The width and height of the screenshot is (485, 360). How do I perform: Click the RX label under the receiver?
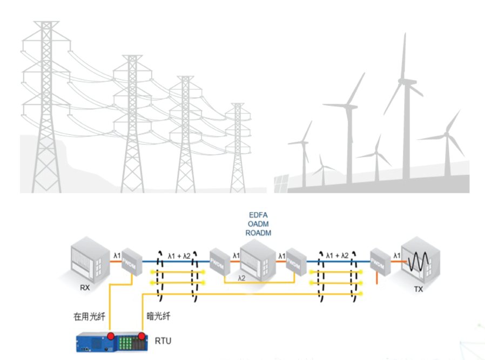click(x=85, y=288)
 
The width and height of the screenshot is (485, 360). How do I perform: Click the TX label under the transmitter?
click(x=419, y=290)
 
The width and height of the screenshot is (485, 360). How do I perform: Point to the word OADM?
click(x=258, y=223)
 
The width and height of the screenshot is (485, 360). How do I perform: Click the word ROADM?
click(x=258, y=233)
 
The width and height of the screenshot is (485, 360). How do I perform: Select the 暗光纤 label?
click(x=159, y=317)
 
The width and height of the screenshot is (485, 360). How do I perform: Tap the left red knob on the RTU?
click(x=111, y=337)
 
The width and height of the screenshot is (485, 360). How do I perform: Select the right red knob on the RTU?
click(x=142, y=337)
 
